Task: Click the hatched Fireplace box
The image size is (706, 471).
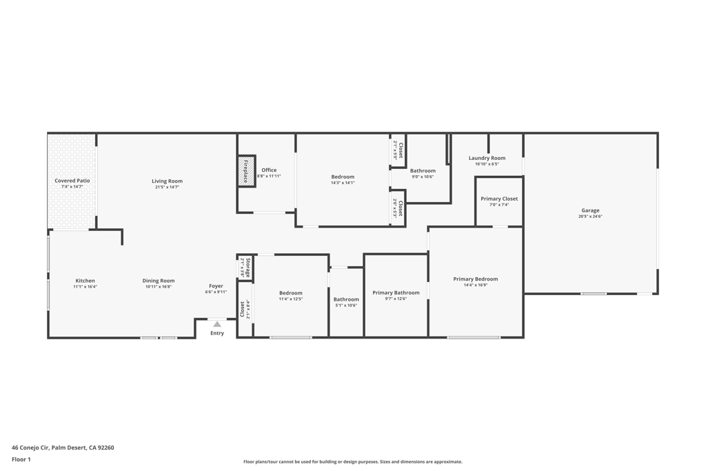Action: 246,171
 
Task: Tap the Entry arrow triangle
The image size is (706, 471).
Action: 217,323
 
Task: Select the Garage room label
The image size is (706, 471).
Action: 590,210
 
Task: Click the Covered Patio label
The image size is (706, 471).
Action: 72,181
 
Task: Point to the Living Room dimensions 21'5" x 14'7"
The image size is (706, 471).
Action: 167,187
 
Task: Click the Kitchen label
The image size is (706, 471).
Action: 85,281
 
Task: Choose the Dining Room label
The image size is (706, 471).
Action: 159,281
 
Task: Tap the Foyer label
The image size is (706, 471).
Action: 216,285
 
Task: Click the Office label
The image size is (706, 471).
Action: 269,170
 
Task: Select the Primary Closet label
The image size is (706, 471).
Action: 499,199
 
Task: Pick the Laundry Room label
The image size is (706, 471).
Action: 487,158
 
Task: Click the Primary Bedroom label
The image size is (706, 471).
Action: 475,279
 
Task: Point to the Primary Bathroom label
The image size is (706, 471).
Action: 396,292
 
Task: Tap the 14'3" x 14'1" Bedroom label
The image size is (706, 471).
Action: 343,177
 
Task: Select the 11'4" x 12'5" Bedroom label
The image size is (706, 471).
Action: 290,293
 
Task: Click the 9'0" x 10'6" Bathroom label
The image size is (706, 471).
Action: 423,170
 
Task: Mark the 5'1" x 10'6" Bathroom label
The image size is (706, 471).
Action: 346,299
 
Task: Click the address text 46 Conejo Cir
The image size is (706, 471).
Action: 63,448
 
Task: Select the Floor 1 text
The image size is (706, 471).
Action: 21,459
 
